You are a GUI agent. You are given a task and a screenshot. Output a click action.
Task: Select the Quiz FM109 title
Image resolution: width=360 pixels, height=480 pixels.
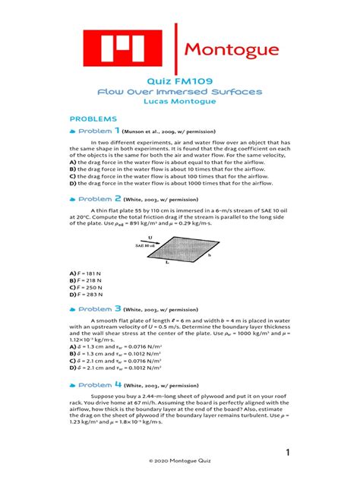(179, 80)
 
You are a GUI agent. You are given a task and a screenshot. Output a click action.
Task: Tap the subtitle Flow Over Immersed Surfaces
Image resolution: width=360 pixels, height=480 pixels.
(179, 91)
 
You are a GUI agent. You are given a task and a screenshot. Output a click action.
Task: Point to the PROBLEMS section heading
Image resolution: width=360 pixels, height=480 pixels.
(93, 119)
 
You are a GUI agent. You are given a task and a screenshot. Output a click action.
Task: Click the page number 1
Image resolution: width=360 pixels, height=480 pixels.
(289, 453)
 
